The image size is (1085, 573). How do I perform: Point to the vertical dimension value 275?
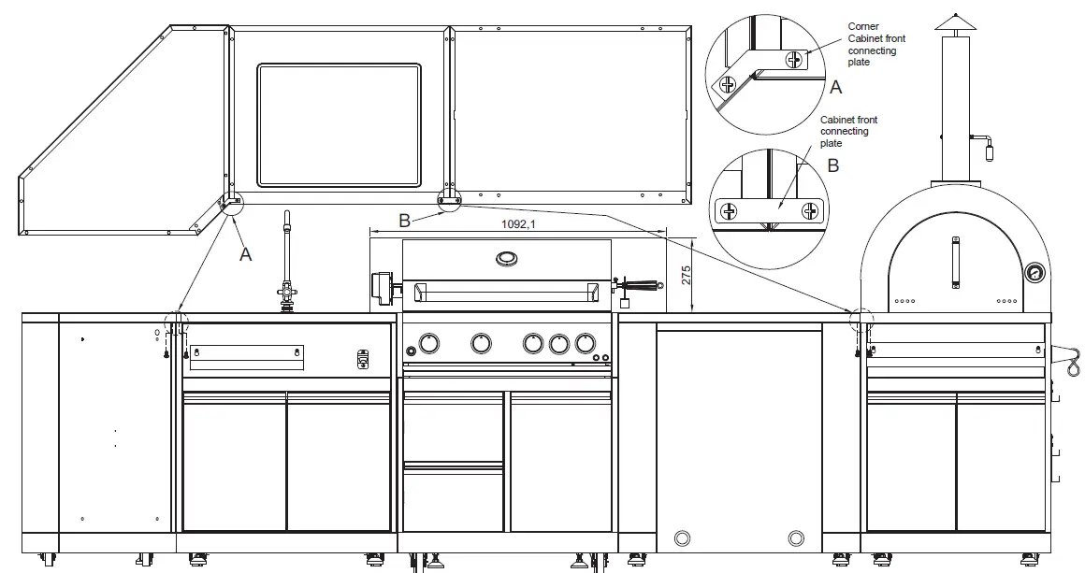click(686, 275)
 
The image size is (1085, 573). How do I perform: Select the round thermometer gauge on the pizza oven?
click(1034, 274)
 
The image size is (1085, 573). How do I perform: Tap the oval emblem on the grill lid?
click(506, 258)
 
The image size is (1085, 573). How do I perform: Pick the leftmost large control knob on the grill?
click(428, 344)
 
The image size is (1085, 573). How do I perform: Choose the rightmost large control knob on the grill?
click(585, 344)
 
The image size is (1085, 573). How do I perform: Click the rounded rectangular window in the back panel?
click(340, 124)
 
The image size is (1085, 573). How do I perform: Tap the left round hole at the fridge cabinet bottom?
click(682, 537)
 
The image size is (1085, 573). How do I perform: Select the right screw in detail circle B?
click(809, 211)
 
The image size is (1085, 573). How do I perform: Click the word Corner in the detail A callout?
click(862, 27)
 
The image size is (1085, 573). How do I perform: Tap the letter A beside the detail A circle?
click(835, 87)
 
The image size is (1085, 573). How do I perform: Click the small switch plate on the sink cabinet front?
click(363, 358)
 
